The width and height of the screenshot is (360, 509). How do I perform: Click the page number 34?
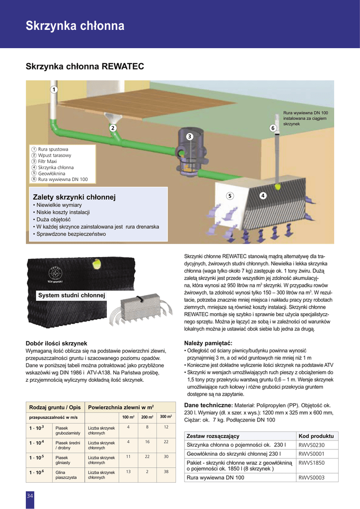pos(30,496)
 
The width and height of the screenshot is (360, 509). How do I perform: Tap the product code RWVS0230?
pos(311,445)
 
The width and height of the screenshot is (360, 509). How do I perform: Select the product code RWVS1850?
pos(311,462)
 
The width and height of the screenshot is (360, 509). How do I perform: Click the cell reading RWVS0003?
pos(311,478)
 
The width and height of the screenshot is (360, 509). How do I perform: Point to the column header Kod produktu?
pos(316,436)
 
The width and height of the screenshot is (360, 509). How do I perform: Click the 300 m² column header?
pos(166,416)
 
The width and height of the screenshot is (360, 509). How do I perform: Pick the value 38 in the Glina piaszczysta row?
pos(166,472)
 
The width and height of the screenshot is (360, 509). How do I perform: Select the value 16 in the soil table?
pos(148,441)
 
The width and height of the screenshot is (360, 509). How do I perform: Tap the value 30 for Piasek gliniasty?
pos(166,456)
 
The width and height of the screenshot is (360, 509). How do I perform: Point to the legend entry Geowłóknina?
pos(52,173)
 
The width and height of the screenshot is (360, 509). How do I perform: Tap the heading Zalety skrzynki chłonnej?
pos(74,197)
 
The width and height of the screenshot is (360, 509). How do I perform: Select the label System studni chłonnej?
pos(72,296)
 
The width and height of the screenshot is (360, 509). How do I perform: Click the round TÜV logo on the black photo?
pos(56,274)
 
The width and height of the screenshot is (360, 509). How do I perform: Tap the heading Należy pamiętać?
pos(208,343)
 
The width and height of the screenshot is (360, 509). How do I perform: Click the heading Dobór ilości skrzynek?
pos(56,343)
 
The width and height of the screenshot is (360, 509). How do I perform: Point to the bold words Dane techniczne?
pos(208,406)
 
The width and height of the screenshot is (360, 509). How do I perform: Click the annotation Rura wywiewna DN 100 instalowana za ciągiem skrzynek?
pos(305,118)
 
